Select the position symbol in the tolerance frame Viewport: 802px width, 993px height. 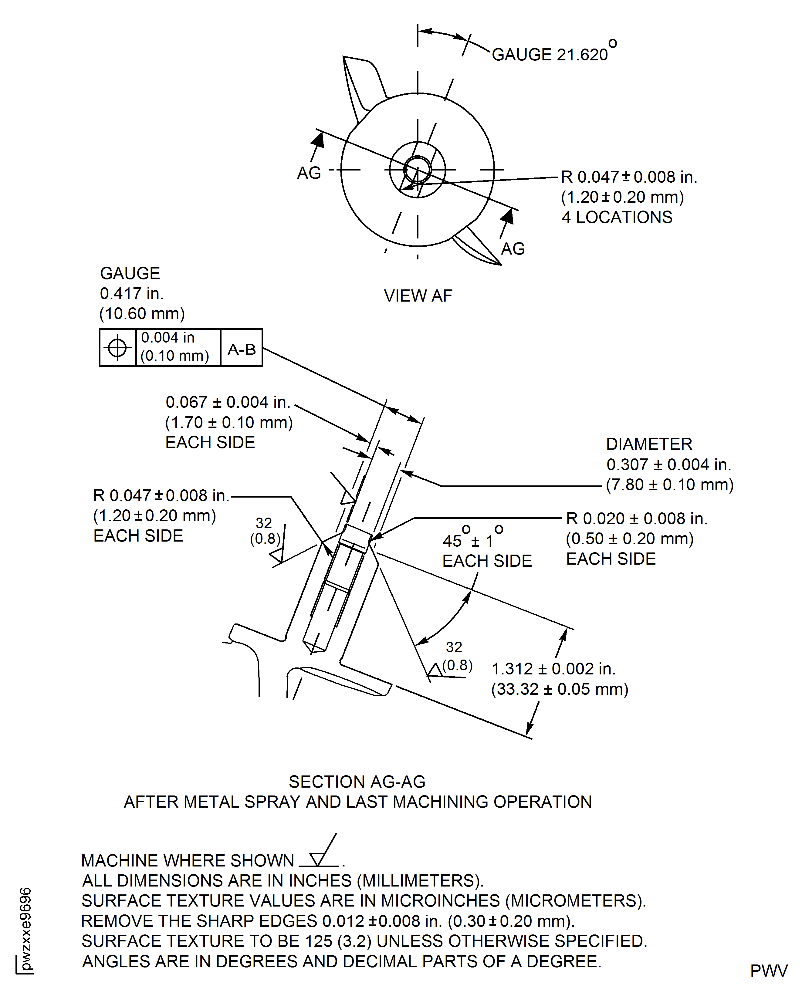click(x=117, y=347)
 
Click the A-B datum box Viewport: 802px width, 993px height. click(x=241, y=349)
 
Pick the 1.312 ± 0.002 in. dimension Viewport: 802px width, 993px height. click(x=553, y=669)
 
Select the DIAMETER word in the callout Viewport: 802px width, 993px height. click(x=649, y=444)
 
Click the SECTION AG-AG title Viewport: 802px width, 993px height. click(x=357, y=782)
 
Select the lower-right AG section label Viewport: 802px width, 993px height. click(x=513, y=249)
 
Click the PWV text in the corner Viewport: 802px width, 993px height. click(x=769, y=971)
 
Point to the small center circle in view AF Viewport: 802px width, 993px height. click(x=418, y=170)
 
